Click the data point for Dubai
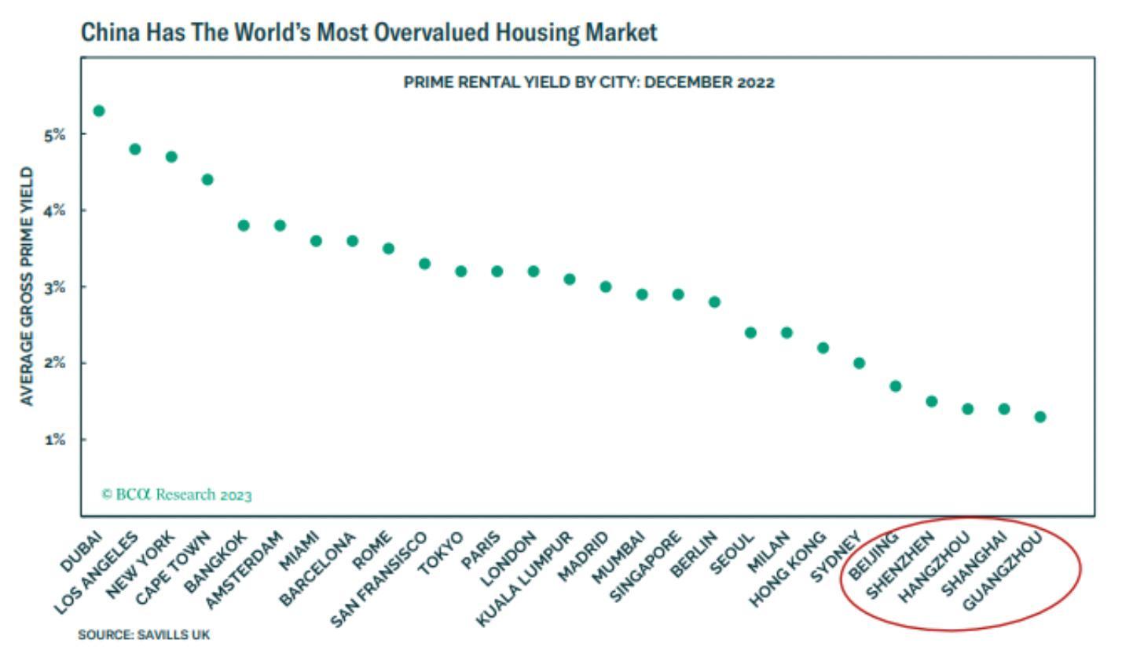pyautogui.click(x=99, y=111)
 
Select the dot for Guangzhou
pyautogui.click(x=1040, y=417)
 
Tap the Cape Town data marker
pyautogui.click(x=207, y=180)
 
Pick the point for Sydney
pyautogui.click(x=859, y=363)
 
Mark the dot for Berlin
pyautogui.click(x=714, y=301)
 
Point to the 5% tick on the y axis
pyautogui.click(x=54, y=135)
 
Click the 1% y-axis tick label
pyautogui.click(x=54, y=440)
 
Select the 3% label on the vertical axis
pyautogui.click(x=54, y=287)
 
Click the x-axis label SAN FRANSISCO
pyautogui.click(x=379, y=579)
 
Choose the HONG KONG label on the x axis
pyautogui.click(x=788, y=569)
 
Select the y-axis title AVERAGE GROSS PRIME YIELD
pyautogui.click(x=28, y=287)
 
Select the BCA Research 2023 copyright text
pyautogui.click(x=177, y=495)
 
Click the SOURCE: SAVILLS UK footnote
pyautogui.click(x=144, y=634)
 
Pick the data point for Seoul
pyautogui.click(x=750, y=332)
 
